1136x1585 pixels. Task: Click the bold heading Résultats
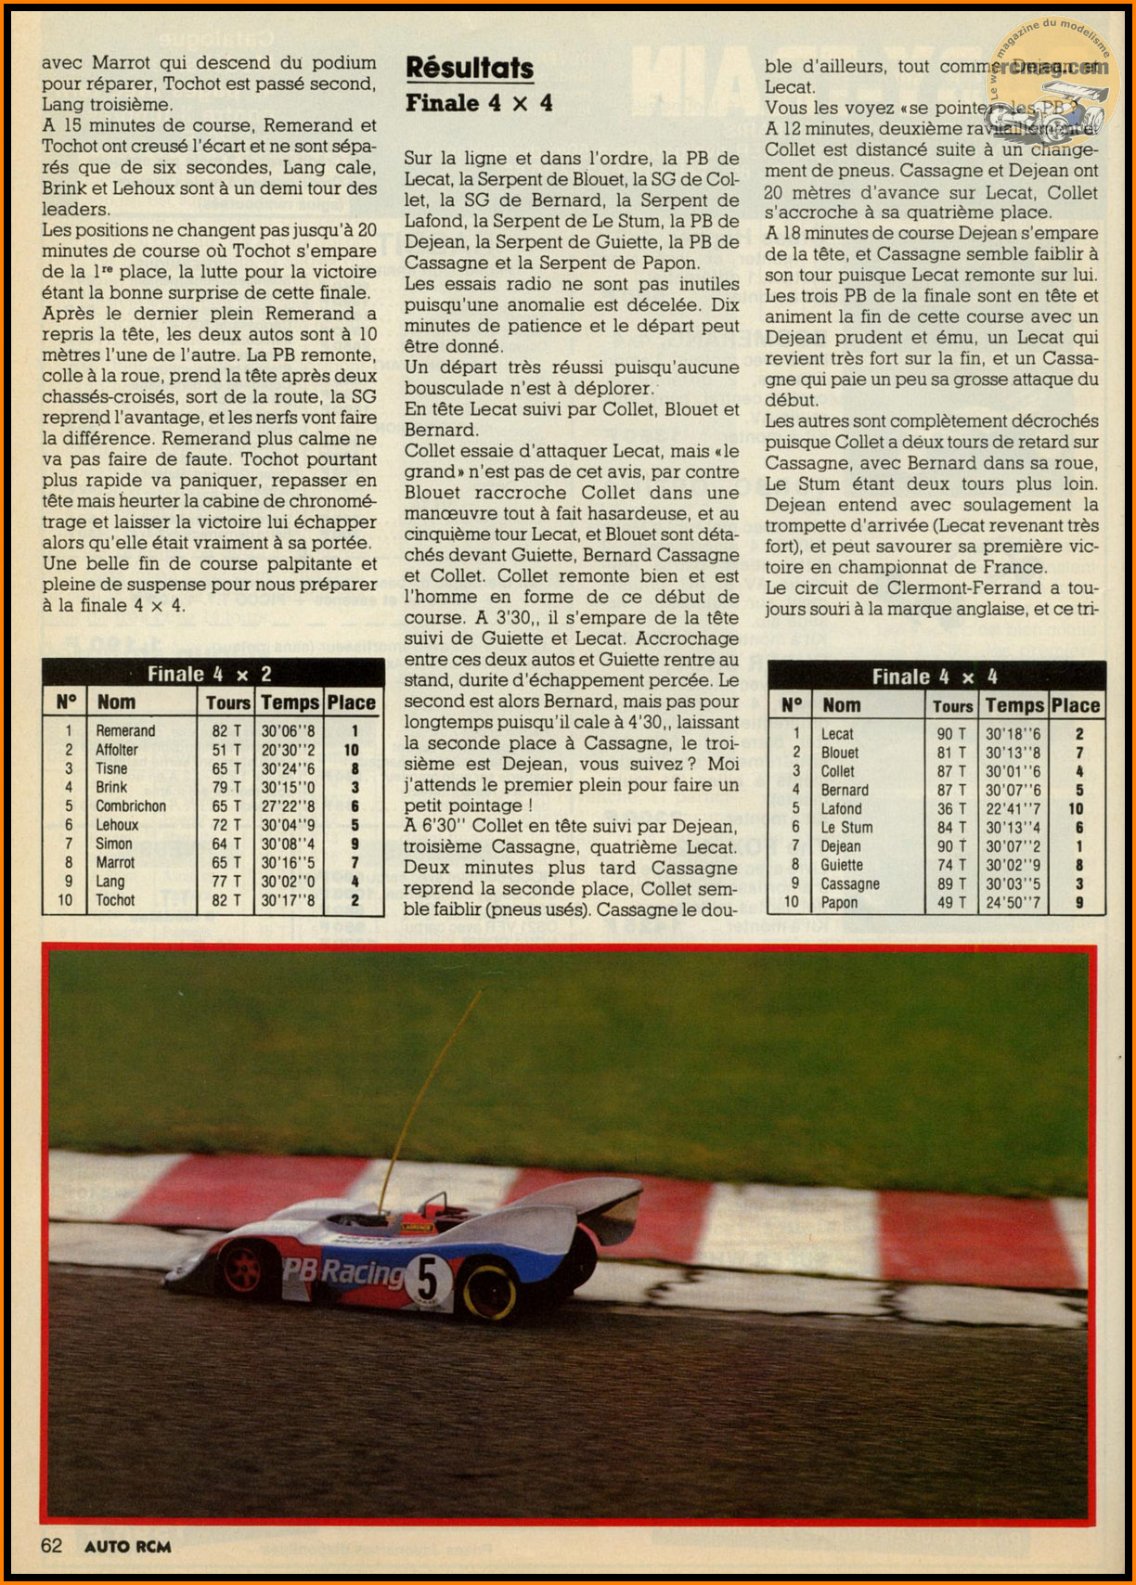[x=470, y=68]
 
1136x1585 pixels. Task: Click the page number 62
[x=51, y=1545]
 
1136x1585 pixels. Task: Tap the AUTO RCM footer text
[x=128, y=1546]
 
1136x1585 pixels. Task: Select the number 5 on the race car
[x=427, y=1282]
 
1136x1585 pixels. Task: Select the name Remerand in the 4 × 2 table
[x=125, y=731]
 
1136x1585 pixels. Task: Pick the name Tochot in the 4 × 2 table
[x=115, y=900]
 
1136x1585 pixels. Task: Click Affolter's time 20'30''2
[x=288, y=750]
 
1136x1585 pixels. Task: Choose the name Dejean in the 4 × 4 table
[x=841, y=846]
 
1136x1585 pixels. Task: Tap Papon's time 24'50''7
[x=1013, y=902]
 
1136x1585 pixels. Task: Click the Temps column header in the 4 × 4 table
[x=1015, y=705]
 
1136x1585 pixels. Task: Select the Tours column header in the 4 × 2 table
[x=228, y=702]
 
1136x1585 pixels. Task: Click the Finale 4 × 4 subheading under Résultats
[x=479, y=103]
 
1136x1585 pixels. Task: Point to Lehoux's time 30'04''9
[x=288, y=825]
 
